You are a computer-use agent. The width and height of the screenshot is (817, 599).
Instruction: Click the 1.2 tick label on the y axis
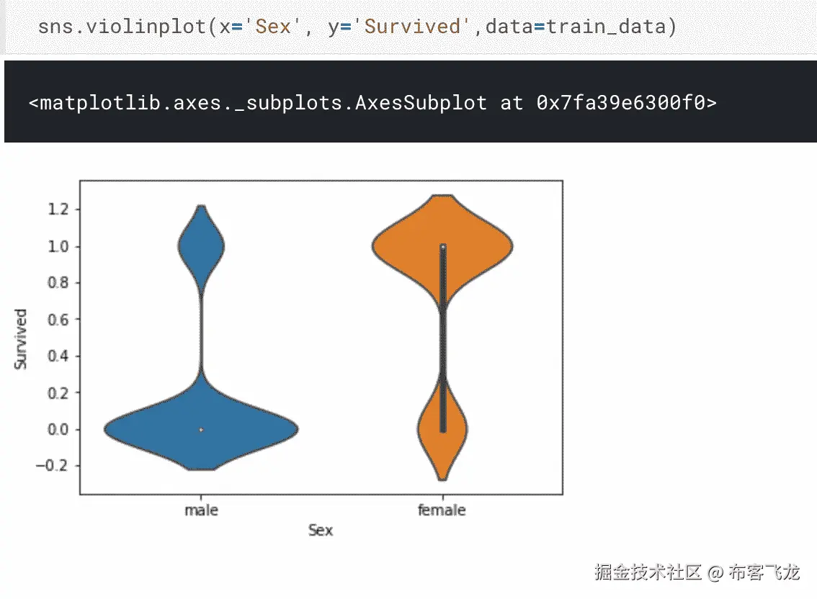(58, 210)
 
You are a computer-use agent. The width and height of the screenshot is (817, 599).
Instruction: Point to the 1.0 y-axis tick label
(58, 246)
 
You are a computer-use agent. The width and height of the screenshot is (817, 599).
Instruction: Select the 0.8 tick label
(58, 283)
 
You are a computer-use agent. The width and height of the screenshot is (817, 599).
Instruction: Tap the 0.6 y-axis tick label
(58, 319)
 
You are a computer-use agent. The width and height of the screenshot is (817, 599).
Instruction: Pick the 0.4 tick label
(58, 356)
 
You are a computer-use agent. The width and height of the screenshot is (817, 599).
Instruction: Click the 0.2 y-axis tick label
(58, 393)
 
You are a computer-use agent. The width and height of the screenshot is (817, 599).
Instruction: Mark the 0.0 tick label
(58, 430)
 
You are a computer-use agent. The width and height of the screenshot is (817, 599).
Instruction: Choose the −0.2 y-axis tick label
(53, 466)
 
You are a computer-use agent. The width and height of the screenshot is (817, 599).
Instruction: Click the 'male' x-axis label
(201, 510)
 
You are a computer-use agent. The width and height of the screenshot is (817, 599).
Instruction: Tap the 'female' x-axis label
(442, 510)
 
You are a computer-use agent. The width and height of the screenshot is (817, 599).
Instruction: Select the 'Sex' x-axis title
(321, 531)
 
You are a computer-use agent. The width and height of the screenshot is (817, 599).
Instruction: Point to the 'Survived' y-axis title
(20, 339)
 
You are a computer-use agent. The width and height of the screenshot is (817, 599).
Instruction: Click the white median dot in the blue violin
(201, 430)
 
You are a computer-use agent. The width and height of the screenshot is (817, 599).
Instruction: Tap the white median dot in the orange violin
(443, 247)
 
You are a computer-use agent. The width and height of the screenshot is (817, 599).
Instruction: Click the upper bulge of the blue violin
(201, 246)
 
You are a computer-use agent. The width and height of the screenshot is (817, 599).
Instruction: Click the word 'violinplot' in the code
(146, 27)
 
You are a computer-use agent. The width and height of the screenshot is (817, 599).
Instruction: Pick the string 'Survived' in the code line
(412, 27)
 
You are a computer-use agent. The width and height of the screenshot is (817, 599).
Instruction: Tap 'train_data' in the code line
(606, 27)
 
